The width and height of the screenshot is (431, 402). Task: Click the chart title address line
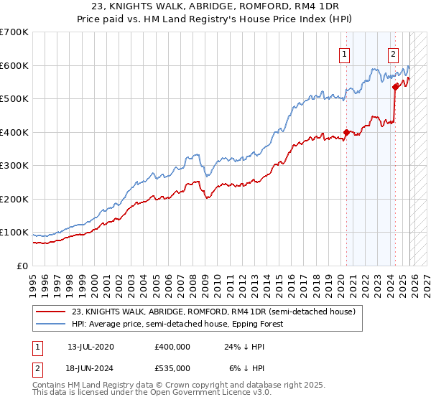coord(215,6)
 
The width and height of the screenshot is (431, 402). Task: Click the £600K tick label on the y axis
coord(14,65)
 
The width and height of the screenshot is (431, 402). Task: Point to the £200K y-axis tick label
coord(14,199)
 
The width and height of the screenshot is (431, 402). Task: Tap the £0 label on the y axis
coord(22,266)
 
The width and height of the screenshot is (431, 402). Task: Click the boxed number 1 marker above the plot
coord(345,53)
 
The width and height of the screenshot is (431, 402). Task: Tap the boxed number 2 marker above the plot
coord(394,53)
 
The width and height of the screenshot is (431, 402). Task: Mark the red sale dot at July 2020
coord(346,132)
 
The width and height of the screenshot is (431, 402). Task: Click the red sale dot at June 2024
coord(395,87)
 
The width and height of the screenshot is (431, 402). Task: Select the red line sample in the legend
coord(52,312)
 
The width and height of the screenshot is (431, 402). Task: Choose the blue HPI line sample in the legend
coord(52,324)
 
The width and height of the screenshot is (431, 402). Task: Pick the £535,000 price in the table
coord(172,368)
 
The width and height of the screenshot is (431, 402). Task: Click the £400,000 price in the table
coord(172,347)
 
